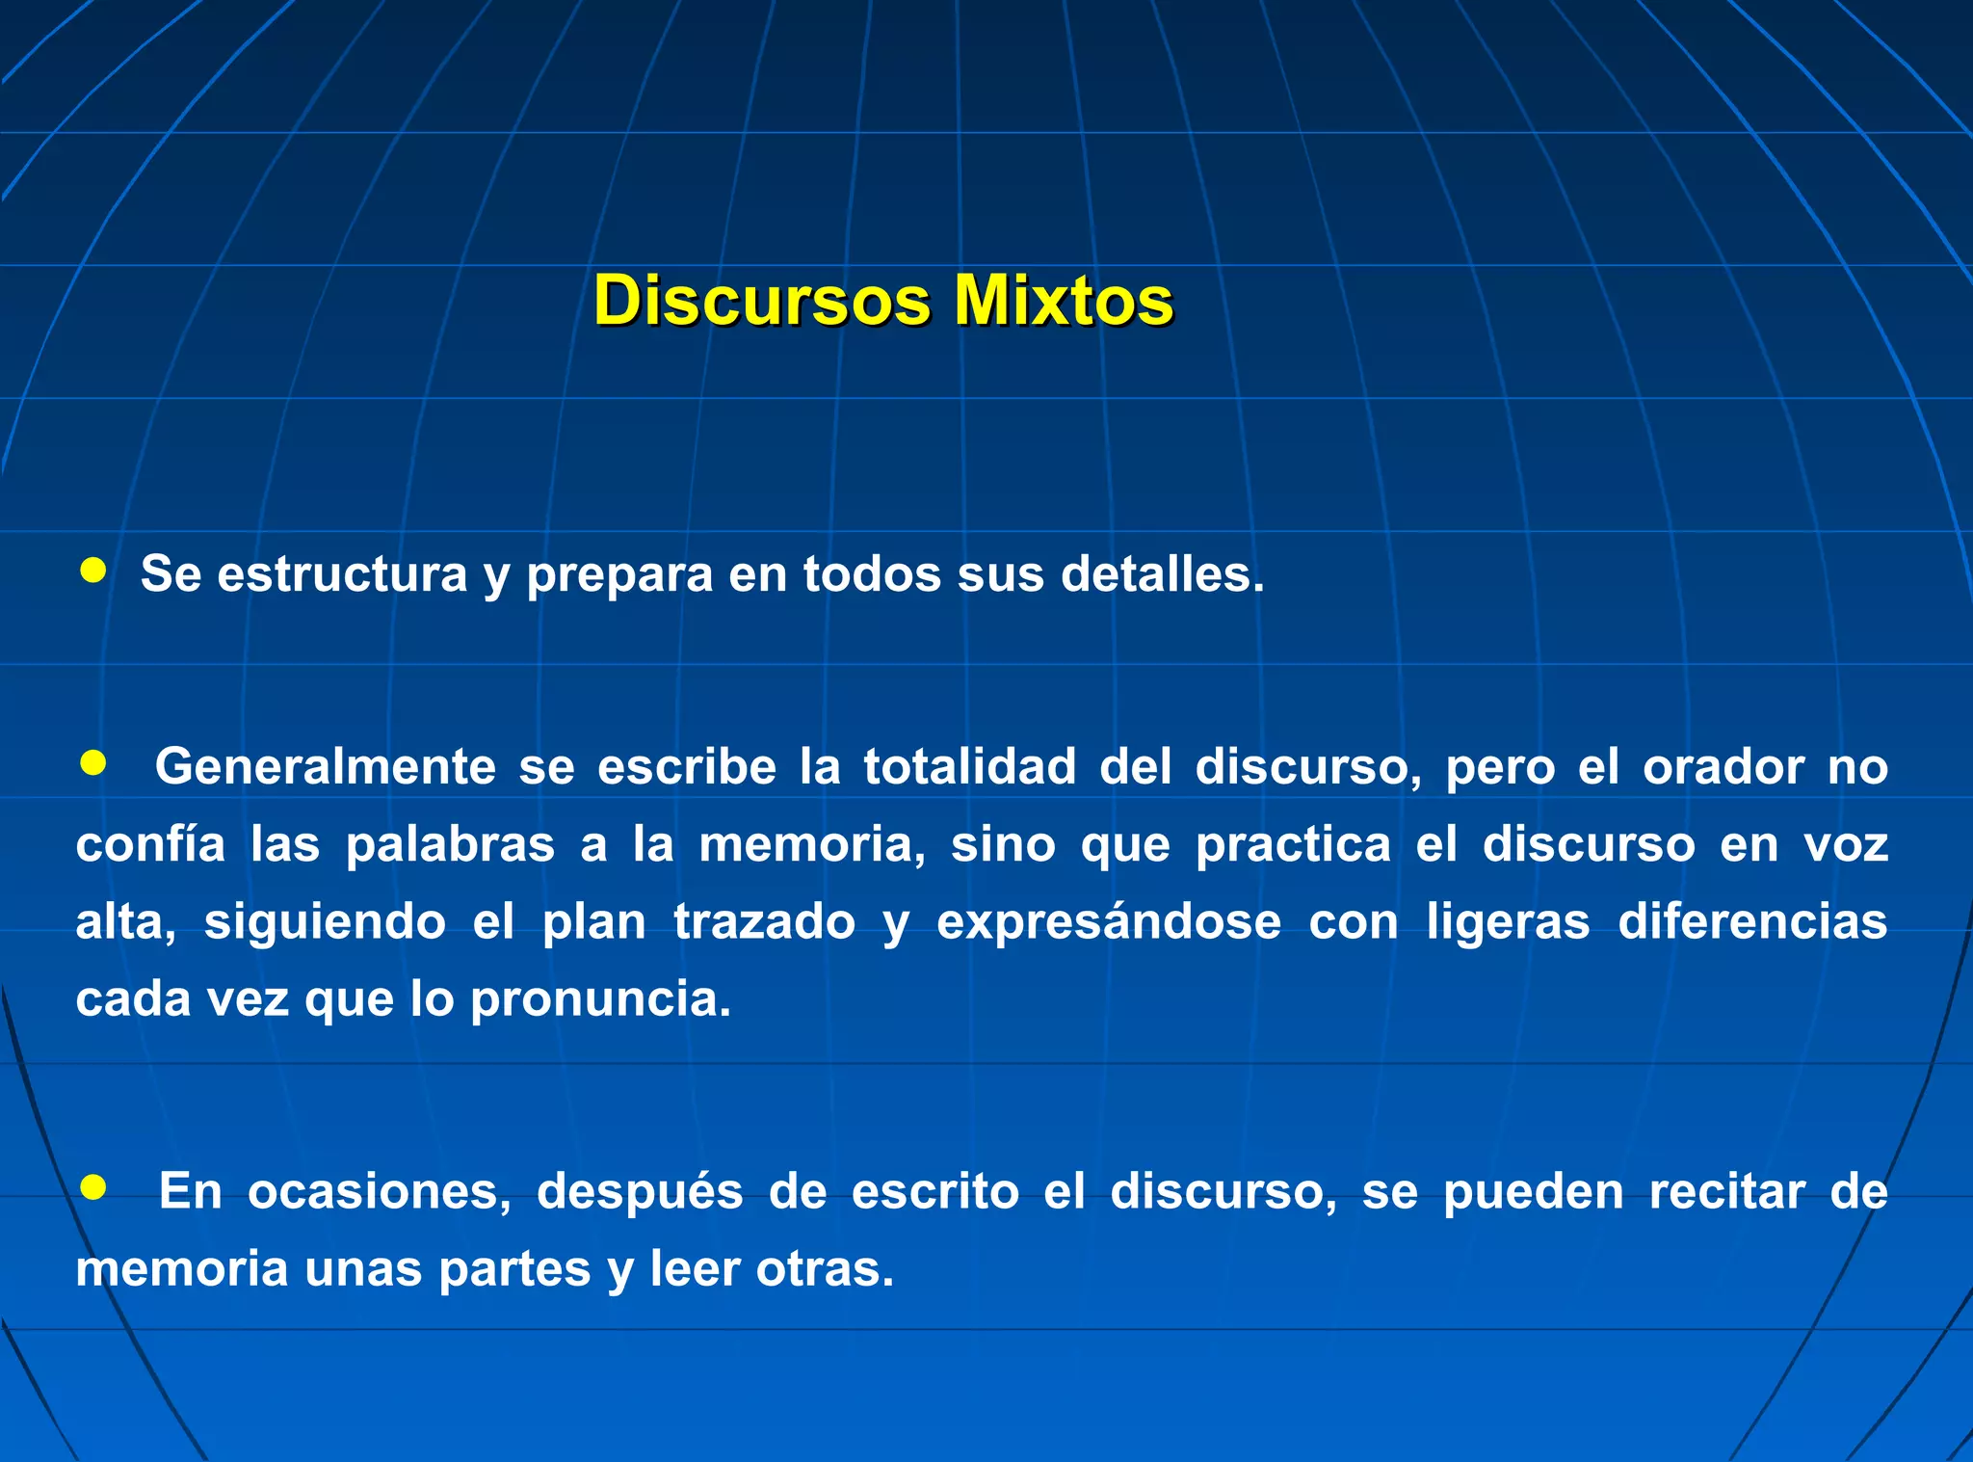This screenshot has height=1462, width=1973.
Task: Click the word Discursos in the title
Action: pos(761,301)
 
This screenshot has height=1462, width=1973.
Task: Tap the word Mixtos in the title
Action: pos(1064,301)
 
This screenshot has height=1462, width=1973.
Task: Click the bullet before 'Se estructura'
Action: pos(92,571)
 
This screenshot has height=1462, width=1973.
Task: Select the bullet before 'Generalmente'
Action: pos(92,764)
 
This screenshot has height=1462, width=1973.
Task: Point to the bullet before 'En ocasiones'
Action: pos(92,1187)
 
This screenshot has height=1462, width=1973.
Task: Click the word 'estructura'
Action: pos(342,574)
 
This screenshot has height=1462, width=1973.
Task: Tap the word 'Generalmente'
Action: pos(325,768)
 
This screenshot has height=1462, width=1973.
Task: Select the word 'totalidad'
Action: pos(969,768)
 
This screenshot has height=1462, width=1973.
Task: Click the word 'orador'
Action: pos(1723,768)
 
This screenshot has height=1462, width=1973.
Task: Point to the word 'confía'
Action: pos(150,845)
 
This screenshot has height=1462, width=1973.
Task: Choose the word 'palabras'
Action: pos(450,845)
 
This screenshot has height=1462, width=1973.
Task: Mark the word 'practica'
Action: pos(1293,845)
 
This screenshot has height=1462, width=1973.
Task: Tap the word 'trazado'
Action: pos(764,922)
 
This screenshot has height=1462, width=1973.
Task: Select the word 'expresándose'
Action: pos(1109,922)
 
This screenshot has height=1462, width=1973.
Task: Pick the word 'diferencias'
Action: pos(1752,922)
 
